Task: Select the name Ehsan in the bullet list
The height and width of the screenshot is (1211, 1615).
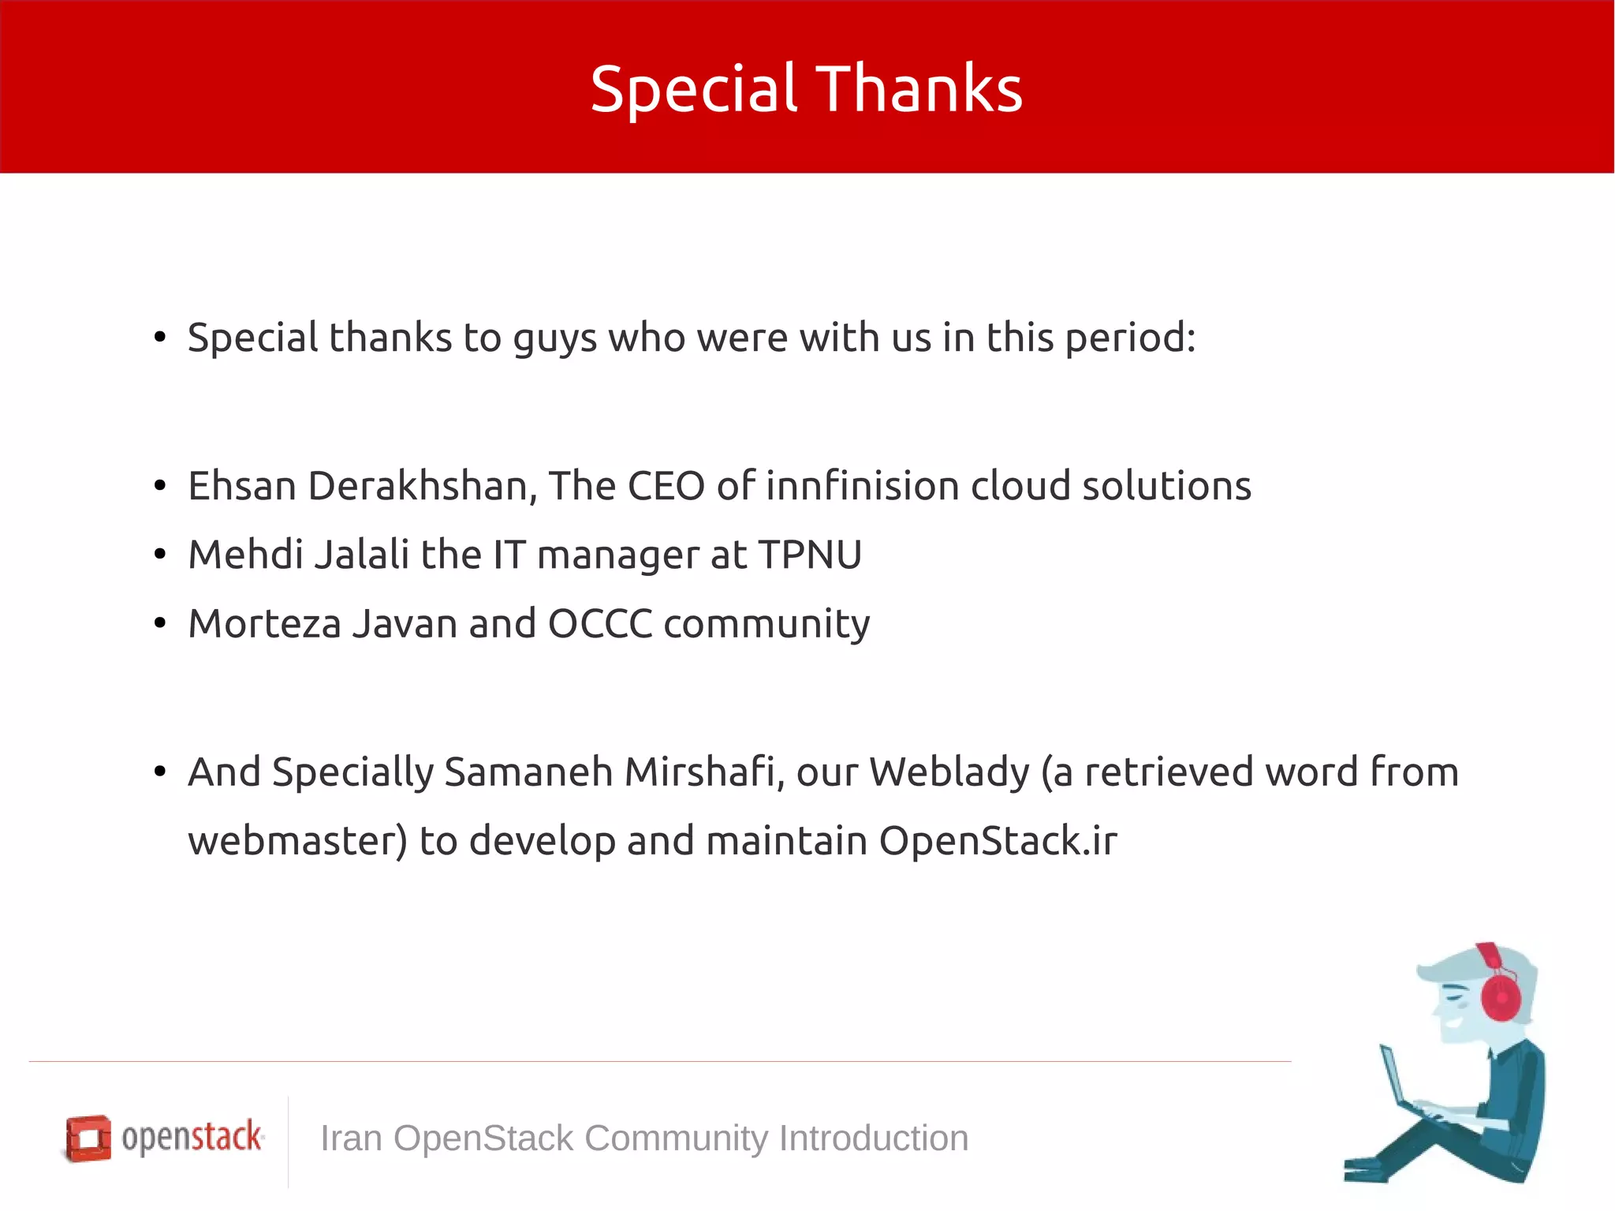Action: click(242, 486)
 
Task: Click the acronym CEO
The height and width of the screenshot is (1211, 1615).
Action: click(666, 486)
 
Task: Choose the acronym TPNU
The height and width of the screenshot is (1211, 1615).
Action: click(810, 555)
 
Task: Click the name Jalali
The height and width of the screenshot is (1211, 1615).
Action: click(362, 555)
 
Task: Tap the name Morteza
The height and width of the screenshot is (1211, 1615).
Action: click(264, 624)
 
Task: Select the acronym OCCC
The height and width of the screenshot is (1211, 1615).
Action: click(599, 624)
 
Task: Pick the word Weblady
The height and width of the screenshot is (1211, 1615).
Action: click(949, 772)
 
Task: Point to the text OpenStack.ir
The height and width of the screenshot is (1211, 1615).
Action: click(998, 841)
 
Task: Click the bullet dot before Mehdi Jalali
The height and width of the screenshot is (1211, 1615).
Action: click(160, 555)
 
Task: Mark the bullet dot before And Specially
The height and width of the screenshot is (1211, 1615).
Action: click(160, 772)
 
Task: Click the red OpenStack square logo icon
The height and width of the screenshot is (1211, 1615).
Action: click(88, 1138)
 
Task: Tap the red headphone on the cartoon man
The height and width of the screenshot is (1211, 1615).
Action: click(1500, 996)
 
